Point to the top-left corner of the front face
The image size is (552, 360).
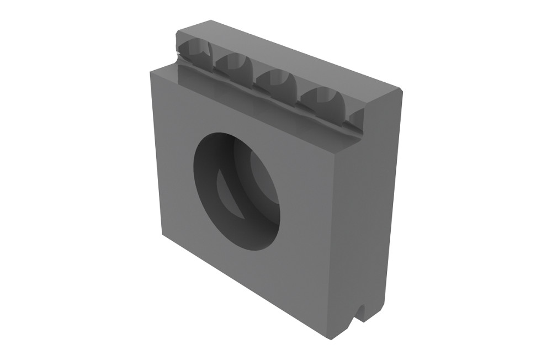pos(150,71)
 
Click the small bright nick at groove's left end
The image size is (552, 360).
pos(178,54)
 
